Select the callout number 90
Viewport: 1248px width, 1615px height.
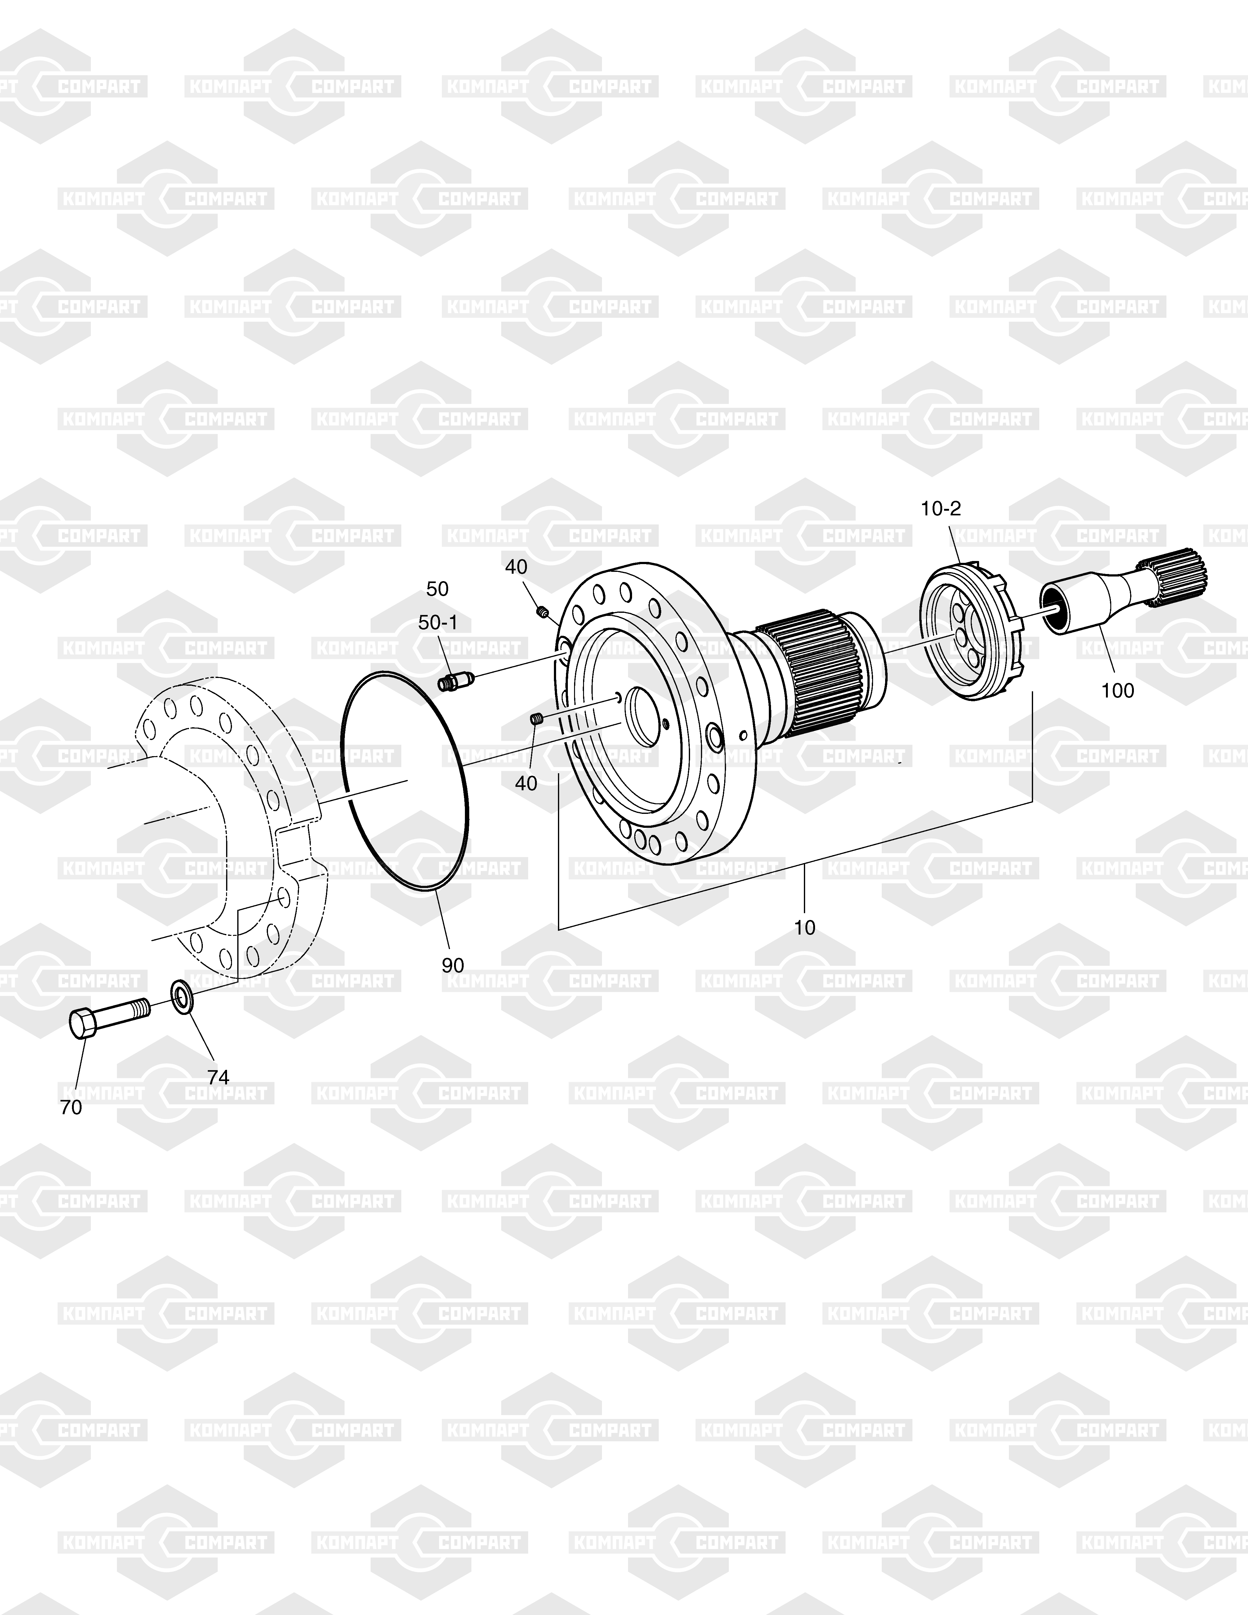point(453,965)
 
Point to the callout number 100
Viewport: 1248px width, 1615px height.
point(1117,690)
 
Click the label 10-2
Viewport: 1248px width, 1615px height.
point(941,509)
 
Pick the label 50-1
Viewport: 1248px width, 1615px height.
point(438,623)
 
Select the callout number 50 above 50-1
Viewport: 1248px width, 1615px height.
point(438,589)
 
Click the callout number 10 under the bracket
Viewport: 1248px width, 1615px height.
point(805,927)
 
